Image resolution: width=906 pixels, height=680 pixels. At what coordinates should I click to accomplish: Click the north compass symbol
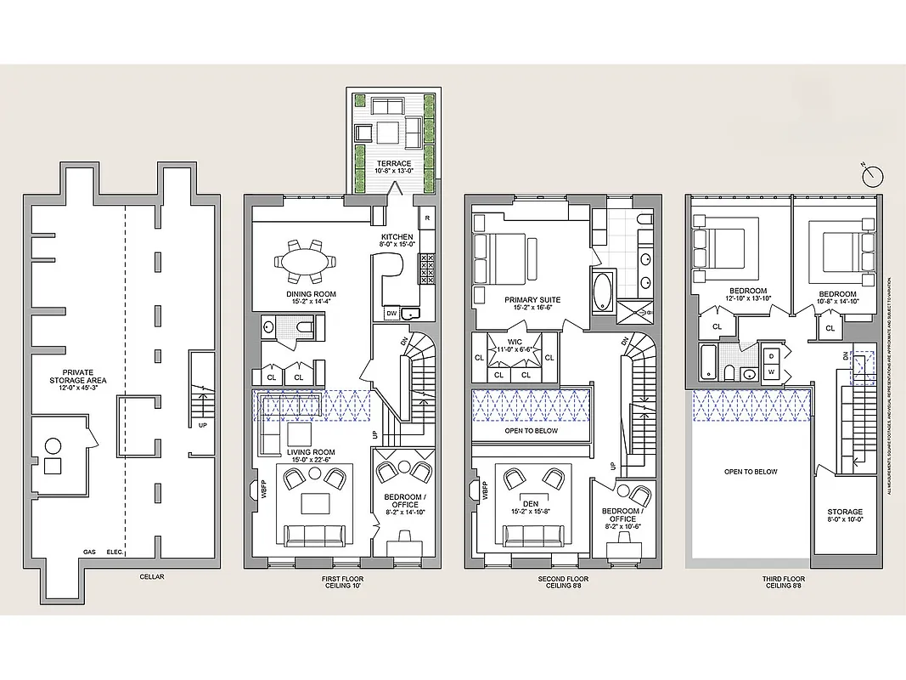click(872, 176)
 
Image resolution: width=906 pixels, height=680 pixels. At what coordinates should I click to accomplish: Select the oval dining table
click(304, 263)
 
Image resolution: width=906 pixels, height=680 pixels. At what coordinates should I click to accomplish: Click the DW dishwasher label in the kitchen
click(391, 314)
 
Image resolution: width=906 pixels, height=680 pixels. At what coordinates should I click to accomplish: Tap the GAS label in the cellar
click(89, 552)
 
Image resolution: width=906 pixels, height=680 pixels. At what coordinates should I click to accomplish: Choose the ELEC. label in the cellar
click(115, 552)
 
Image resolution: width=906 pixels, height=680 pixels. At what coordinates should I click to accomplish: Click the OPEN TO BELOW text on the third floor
click(750, 472)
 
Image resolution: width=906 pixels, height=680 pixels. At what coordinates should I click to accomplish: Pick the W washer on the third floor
click(772, 372)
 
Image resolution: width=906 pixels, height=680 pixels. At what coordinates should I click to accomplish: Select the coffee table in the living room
click(315, 503)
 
